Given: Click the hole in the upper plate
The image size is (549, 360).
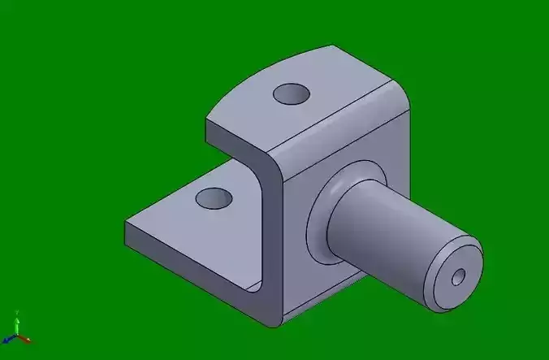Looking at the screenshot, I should pyautogui.click(x=292, y=95).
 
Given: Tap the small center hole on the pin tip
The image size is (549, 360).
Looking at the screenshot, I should pyautogui.click(x=459, y=278).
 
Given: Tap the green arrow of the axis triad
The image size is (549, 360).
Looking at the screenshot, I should pyautogui.click(x=17, y=318).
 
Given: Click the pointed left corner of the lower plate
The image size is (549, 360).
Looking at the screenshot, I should pyautogui.click(x=127, y=223).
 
